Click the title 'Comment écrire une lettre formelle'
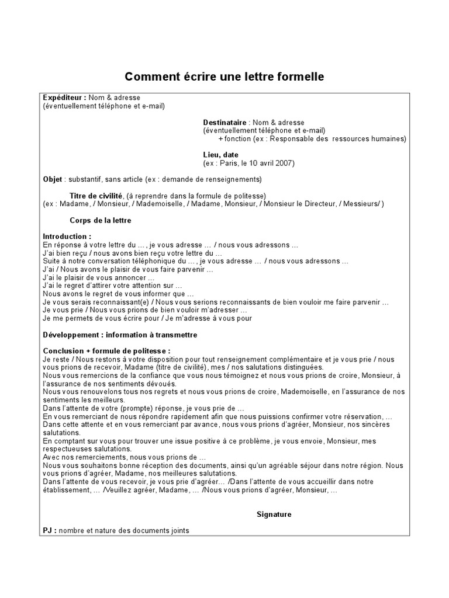click(224, 77)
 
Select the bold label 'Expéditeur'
click(63, 98)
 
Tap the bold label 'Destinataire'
click(224, 123)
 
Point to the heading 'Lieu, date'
click(221, 155)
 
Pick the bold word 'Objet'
click(53, 179)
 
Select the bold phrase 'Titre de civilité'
click(96, 195)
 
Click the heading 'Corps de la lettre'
click(100, 220)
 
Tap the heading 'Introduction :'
click(67, 237)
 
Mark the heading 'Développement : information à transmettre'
click(120, 335)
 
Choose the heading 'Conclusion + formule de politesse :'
click(102, 351)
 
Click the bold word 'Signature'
click(274, 514)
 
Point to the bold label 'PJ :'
click(50, 530)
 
